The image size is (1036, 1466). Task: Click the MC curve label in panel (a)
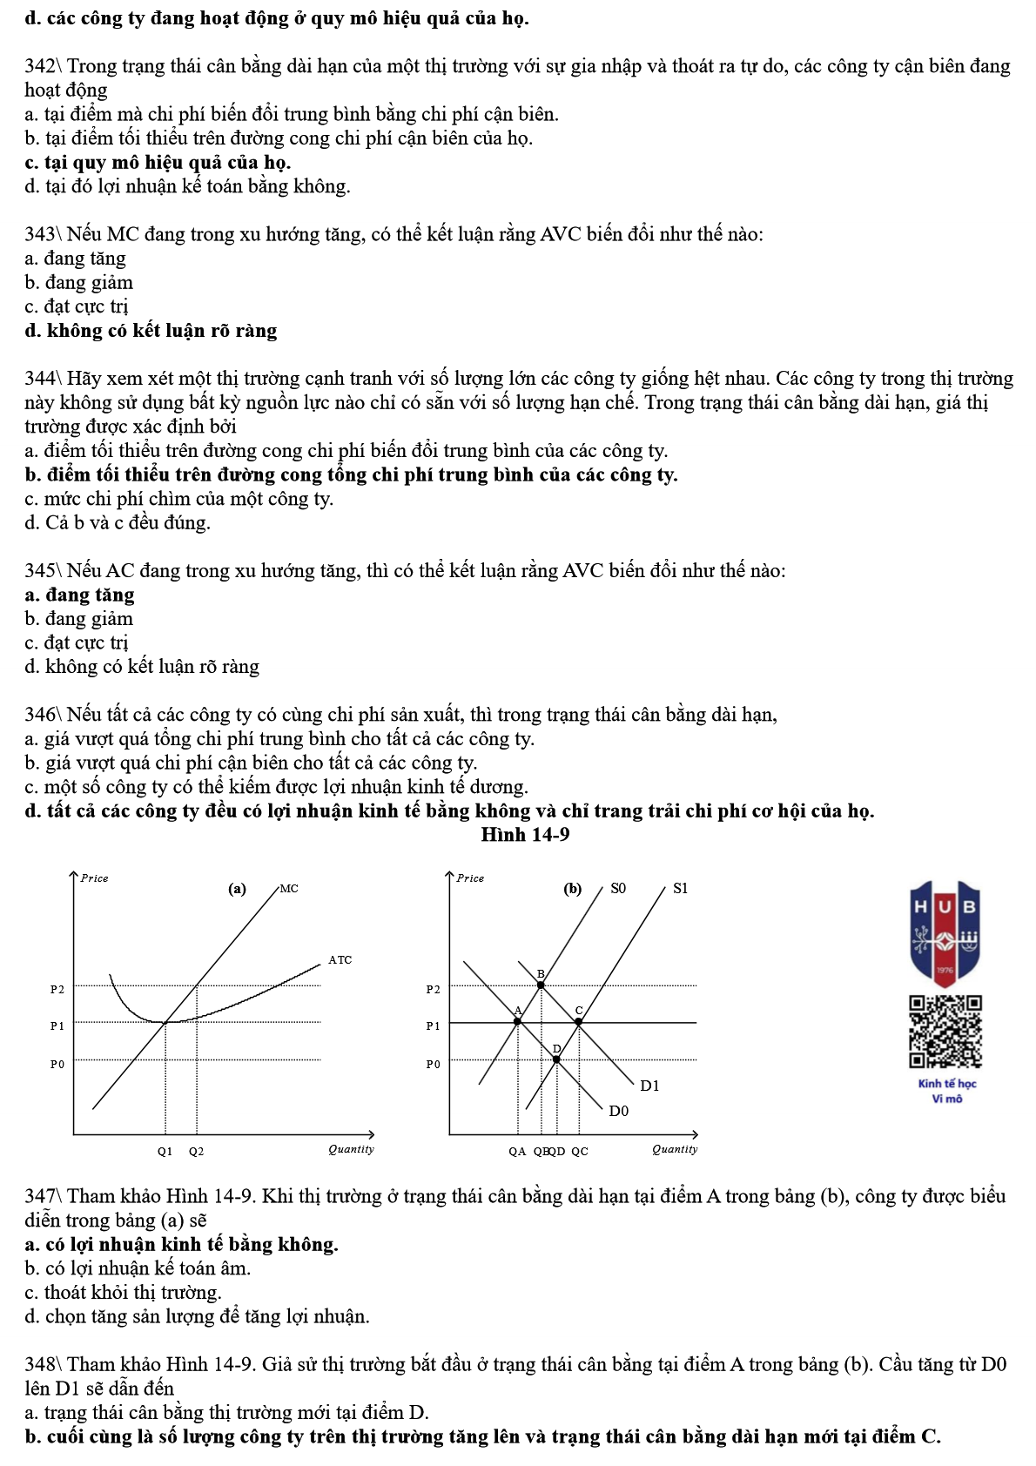(x=289, y=889)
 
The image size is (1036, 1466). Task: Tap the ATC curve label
(x=340, y=960)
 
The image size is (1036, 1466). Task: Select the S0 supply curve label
(x=617, y=888)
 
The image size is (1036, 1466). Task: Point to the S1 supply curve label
(x=680, y=888)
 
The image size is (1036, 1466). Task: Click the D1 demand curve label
(x=649, y=1086)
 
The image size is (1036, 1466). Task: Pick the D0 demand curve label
(x=618, y=1111)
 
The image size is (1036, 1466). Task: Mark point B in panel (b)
(x=541, y=985)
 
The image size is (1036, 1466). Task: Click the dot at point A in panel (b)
(x=518, y=1021)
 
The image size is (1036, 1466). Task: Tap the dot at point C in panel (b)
(x=578, y=1022)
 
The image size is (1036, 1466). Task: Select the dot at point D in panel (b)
(x=557, y=1059)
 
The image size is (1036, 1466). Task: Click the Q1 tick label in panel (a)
(x=165, y=1151)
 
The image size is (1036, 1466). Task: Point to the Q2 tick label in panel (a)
(x=197, y=1151)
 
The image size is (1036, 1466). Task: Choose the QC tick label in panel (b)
(x=579, y=1151)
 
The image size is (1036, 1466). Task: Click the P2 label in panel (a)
(x=57, y=989)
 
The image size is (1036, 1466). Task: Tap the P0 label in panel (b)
(x=433, y=1064)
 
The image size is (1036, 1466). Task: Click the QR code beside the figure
(x=945, y=1032)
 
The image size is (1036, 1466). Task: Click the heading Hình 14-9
(x=525, y=834)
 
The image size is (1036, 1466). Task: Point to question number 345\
(x=43, y=571)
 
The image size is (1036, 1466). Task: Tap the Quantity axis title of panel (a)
(x=351, y=1149)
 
